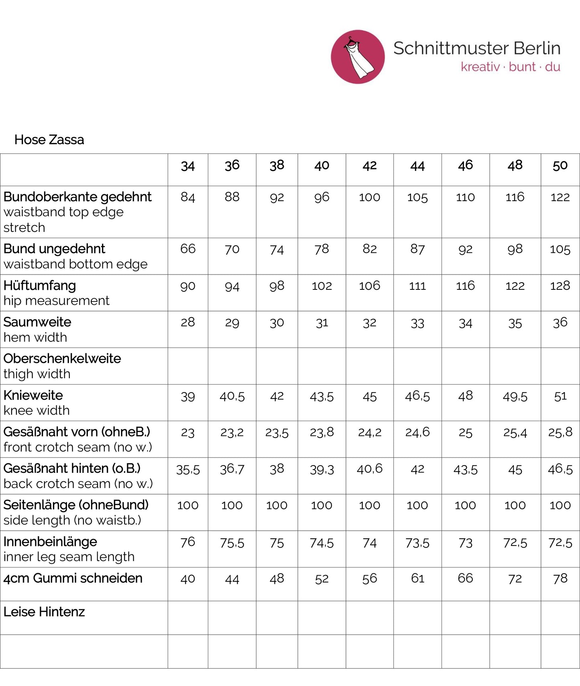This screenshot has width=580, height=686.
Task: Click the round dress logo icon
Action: (x=358, y=57)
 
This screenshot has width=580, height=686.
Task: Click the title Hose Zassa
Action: (x=49, y=140)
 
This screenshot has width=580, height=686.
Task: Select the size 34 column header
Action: (x=188, y=166)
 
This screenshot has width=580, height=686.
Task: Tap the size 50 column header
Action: (x=560, y=166)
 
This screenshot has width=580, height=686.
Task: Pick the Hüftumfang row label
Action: (x=40, y=286)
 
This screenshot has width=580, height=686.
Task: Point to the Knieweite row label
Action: (x=33, y=395)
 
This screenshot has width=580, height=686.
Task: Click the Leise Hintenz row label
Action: (x=44, y=612)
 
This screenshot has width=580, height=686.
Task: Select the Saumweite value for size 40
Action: (x=322, y=323)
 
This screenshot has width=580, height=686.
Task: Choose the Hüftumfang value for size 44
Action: (x=417, y=286)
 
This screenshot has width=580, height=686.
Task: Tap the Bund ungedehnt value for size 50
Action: (x=560, y=249)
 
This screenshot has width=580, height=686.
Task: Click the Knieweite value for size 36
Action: (x=232, y=397)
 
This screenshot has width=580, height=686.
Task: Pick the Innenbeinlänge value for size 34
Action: (x=188, y=542)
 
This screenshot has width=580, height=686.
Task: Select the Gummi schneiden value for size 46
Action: (x=465, y=578)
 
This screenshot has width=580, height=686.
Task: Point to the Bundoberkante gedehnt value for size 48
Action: (x=515, y=197)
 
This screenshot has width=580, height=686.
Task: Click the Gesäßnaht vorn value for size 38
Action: (x=277, y=433)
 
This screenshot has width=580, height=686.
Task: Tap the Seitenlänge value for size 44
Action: (x=417, y=505)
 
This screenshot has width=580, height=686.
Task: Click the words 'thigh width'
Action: (x=37, y=374)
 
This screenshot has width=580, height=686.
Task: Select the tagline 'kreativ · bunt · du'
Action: (x=510, y=67)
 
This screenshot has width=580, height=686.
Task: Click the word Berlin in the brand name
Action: (x=537, y=48)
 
